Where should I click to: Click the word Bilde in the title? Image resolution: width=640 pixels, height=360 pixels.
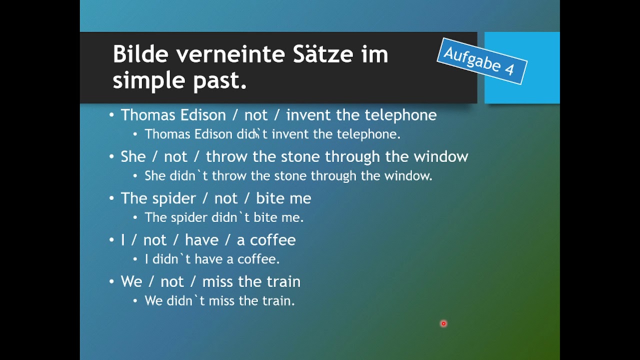(140, 54)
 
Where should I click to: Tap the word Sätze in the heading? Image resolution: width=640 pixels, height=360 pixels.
(323, 54)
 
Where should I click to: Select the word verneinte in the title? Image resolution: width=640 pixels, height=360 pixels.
(230, 54)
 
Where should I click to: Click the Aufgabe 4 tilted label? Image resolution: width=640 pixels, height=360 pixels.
(482, 61)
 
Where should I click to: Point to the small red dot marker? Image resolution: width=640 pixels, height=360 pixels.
(443, 323)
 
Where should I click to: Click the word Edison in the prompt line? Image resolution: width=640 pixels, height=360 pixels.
(203, 115)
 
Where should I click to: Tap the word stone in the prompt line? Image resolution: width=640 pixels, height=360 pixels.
(300, 157)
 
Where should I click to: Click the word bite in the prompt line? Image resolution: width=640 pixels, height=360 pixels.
(269, 198)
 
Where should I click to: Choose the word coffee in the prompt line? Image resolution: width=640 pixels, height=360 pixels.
(273, 240)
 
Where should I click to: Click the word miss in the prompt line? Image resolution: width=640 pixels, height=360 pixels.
(218, 281)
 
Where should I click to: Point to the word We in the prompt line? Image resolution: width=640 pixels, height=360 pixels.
(131, 281)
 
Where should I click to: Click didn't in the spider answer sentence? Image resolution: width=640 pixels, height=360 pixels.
(230, 217)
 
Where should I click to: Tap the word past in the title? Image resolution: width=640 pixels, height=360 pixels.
(219, 81)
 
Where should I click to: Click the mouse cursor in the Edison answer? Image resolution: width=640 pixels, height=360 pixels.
(256, 133)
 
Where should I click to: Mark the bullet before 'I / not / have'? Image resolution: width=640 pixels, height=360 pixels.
(111, 240)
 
